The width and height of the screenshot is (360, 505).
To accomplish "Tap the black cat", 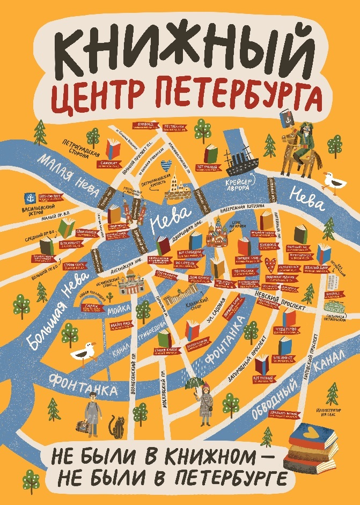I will pos(116,427).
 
